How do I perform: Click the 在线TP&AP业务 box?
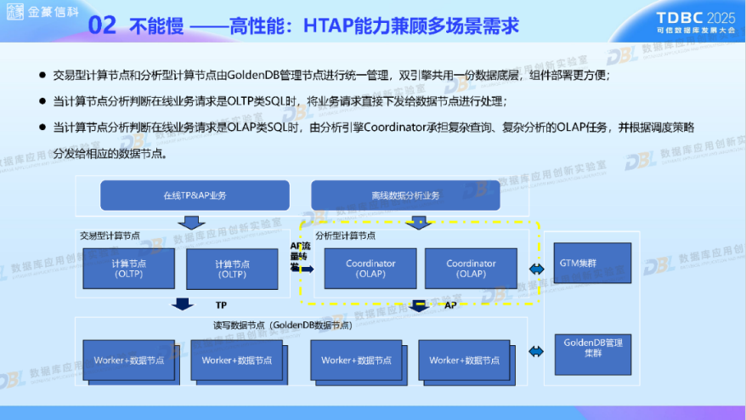[195, 196]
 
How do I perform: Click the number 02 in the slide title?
[102, 26]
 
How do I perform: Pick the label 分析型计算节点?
[345, 235]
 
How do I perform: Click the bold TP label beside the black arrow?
[220, 304]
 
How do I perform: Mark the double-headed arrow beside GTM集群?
[537, 269]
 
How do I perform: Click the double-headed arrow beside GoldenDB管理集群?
[537, 351]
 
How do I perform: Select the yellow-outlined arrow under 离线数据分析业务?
[416, 223]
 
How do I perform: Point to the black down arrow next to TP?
[181, 304]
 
